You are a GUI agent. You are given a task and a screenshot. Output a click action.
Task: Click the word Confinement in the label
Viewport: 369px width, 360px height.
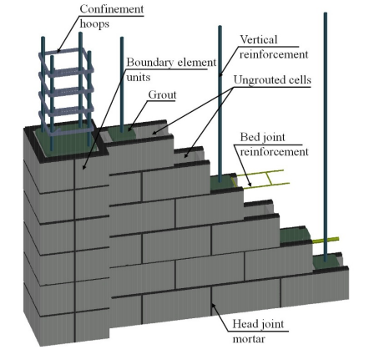112,9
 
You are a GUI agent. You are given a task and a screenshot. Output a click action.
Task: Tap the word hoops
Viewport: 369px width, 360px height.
94,24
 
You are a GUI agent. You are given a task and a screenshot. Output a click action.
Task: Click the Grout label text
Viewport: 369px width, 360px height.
162,94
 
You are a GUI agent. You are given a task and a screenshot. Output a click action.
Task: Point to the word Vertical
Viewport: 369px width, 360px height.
259,39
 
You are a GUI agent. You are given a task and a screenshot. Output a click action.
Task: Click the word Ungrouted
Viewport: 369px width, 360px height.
260,80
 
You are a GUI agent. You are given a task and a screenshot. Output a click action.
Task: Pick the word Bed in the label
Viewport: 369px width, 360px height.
249,137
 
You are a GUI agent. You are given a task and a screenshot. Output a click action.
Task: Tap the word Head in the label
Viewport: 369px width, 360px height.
244,324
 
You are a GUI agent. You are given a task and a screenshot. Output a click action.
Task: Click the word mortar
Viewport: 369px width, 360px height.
249,339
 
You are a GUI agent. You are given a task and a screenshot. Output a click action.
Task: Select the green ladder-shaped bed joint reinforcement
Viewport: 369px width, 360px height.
260,178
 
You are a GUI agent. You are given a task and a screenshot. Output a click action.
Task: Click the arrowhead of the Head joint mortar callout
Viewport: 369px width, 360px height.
214,306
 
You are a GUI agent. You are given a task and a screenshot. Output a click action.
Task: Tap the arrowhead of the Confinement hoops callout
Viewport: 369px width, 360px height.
58,50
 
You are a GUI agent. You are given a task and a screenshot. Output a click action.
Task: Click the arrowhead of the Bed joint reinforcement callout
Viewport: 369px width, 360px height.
250,184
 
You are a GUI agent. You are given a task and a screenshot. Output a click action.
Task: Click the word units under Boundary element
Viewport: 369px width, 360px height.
139,77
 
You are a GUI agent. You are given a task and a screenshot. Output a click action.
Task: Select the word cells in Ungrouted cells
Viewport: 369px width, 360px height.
300,80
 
